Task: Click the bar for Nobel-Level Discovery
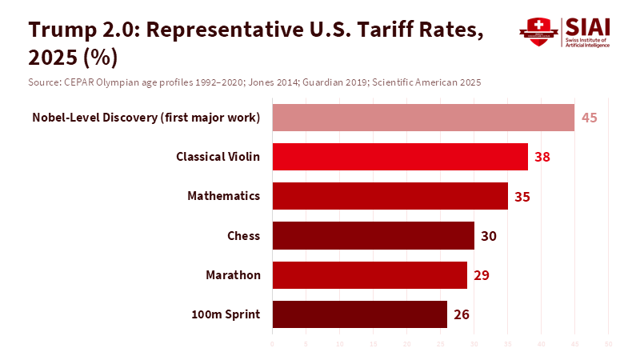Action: [423, 118]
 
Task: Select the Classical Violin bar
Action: [400, 157]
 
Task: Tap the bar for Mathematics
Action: [390, 196]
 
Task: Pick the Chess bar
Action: [373, 235]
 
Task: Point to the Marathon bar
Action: [370, 275]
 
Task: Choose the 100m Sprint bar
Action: [359, 314]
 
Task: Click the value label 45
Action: [590, 118]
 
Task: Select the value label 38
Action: [542, 157]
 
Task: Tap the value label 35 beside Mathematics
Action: [522, 196]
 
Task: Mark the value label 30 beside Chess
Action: [489, 235]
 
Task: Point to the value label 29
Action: [482, 275]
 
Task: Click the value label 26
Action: [462, 314]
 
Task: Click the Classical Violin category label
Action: [218, 157]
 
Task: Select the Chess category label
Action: [244, 235]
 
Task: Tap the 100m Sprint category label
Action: [226, 314]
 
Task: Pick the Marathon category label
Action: [233, 275]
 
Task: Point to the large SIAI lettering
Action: [586, 26]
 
